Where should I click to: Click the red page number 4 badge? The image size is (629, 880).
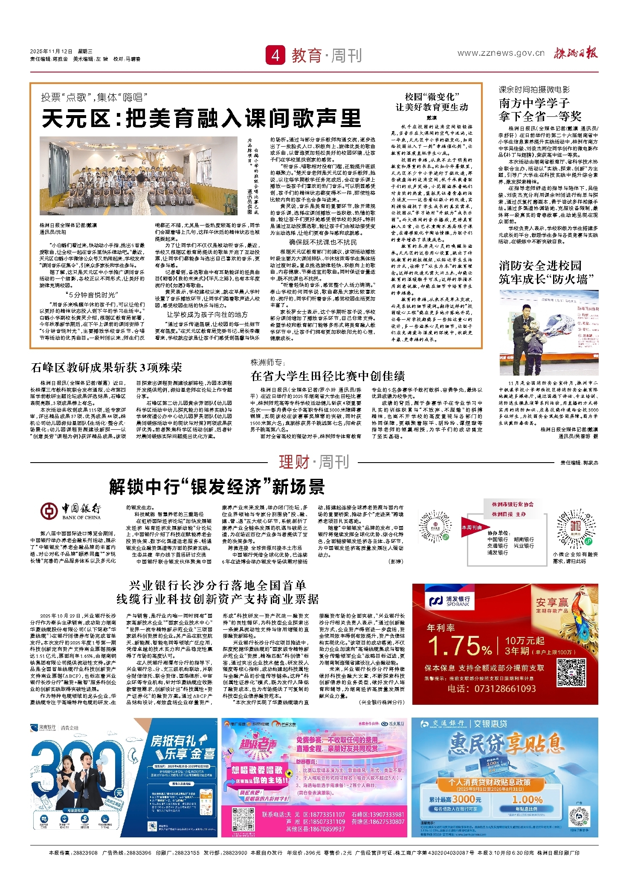click(275, 55)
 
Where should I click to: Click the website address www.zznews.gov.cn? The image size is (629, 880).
click(501, 53)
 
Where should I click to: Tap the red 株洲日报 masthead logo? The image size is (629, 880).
click(576, 53)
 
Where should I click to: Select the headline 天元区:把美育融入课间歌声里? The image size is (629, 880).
click(201, 119)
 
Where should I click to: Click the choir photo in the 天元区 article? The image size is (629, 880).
click(138, 176)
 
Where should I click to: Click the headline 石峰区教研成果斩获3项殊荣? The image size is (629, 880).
click(107, 368)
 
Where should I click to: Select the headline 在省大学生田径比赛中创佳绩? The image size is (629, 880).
click(328, 376)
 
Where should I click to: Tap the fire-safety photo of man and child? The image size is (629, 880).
click(548, 333)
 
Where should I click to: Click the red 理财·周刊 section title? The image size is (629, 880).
click(314, 462)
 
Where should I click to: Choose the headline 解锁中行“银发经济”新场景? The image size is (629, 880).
click(217, 487)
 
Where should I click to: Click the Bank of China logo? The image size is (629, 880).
click(70, 511)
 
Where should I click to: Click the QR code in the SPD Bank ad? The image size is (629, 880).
click(571, 672)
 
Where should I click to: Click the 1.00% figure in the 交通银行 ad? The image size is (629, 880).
click(526, 799)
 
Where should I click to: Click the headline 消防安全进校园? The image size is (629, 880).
click(540, 266)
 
